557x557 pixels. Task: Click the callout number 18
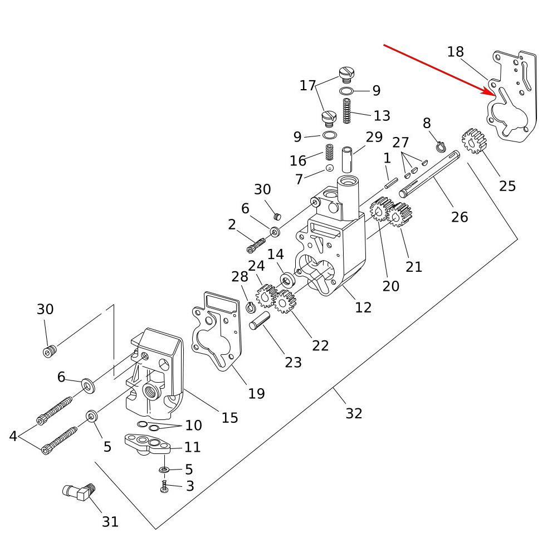[x=455, y=52]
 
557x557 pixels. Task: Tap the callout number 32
[x=354, y=413]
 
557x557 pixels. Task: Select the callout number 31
[x=110, y=521]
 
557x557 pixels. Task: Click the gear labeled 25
[x=474, y=141]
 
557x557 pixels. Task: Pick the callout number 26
[x=460, y=216]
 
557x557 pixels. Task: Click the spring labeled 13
[x=346, y=111]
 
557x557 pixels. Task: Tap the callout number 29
[x=374, y=137]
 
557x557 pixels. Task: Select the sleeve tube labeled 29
[x=348, y=159]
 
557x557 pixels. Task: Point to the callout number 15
[x=229, y=417]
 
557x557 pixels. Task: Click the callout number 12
[x=363, y=307]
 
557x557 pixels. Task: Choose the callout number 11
[x=192, y=447]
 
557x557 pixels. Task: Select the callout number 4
[x=13, y=436]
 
